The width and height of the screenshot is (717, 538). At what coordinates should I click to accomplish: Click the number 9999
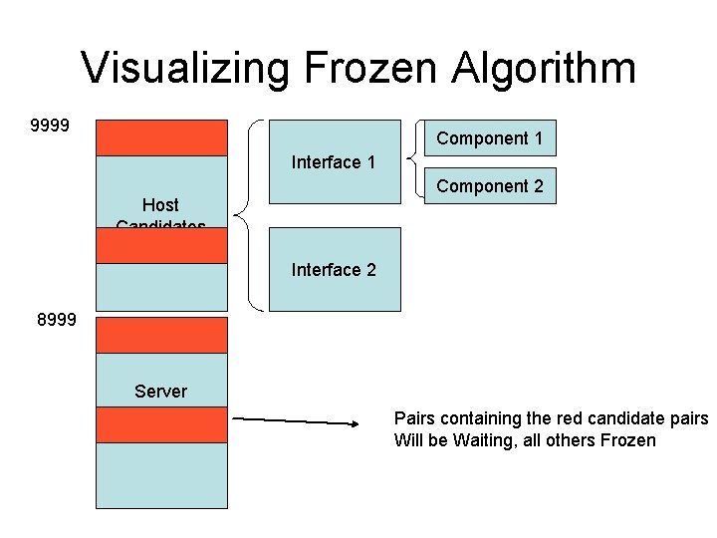50,127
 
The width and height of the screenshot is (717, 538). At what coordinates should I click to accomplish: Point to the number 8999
56,321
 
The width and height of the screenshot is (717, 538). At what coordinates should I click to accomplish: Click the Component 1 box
490,138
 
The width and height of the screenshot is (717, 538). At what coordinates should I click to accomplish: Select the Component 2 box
490,186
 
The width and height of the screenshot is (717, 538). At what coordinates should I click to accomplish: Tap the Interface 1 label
333,162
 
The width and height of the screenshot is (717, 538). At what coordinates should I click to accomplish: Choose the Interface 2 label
333,270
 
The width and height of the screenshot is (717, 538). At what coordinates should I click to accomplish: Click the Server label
160,392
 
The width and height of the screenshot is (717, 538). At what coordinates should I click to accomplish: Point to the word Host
160,205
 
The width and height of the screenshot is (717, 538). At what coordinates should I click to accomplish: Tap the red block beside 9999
161,137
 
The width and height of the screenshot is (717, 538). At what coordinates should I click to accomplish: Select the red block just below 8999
161,335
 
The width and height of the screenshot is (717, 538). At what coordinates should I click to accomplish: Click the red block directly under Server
161,425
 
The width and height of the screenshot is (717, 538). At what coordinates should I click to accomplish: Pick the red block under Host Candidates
161,245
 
